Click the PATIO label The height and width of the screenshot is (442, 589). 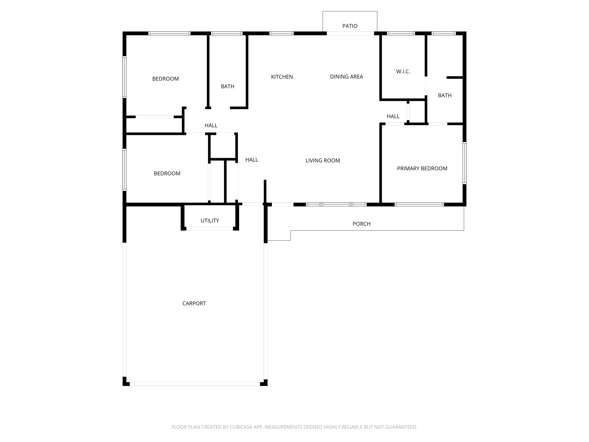pos(350,26)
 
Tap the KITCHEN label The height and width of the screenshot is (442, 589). pos(282,77)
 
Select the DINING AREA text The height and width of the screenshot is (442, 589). pos(346,77)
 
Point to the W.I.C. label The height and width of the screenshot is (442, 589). pos(403,71)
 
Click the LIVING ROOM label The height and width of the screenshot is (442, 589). pos(322,160)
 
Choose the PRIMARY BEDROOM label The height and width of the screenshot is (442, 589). pos(422,168)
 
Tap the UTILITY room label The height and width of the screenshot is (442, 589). pos(210,221)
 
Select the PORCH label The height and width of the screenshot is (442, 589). pos(361,224)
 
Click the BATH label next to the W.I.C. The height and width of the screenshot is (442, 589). pos(445,95)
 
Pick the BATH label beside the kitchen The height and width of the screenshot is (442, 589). pos(227,86)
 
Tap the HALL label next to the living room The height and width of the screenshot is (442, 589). pos(252,160)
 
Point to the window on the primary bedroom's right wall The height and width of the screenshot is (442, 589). pos(464,163)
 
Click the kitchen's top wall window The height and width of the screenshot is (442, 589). pos(281,33)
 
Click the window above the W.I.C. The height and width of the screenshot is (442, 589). pos(401,33)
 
